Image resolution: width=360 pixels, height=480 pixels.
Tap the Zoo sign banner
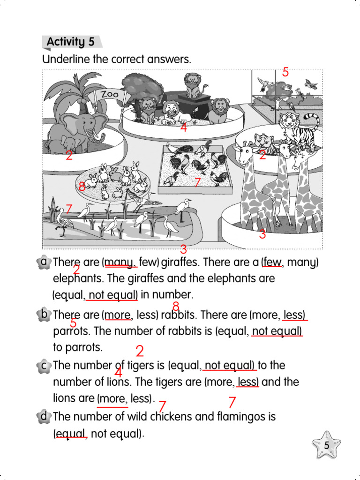pos(110,94)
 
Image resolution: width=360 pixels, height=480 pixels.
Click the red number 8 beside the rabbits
pos(82,187)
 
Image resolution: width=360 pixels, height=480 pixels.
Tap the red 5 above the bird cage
pos(285,72)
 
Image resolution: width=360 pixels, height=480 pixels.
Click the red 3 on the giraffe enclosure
pos(262,234)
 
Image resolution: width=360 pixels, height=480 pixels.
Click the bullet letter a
pos(44,262)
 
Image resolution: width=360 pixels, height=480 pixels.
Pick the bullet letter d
pos(44,416)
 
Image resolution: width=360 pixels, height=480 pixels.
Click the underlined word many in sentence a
pos(119,262)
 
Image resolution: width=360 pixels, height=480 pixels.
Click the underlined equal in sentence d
pos(71,433)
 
